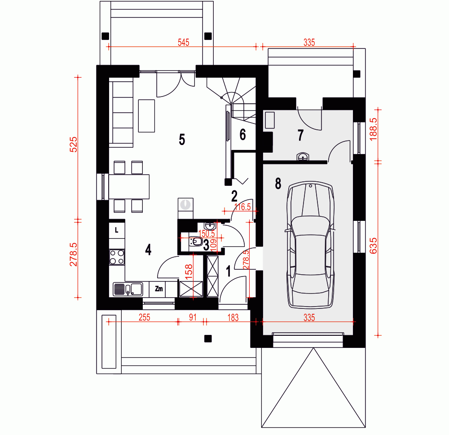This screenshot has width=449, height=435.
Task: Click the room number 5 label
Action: tap(182, 140)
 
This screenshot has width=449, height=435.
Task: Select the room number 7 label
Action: tap(300, 135)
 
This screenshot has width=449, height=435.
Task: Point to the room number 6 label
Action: tap(242, 135)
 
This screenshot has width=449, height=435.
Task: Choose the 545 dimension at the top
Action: tap(184, 42)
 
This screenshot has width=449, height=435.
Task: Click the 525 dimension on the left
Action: tap(74, 145)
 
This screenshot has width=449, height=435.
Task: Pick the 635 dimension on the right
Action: tap(373, 246)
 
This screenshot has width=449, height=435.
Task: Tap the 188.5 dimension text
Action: tap(373, 129)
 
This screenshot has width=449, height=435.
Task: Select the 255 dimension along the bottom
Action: tap(144, 317)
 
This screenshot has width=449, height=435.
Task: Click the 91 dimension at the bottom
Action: tap(193, 317)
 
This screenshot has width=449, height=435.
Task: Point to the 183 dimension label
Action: tap(233, 317)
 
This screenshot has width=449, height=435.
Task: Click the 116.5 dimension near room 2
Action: tap(242, 207)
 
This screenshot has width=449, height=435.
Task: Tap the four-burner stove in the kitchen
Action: tap(117, 257)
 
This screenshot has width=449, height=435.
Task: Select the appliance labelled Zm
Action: tap(158, 289)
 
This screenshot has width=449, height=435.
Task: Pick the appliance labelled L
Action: tap(117, 230)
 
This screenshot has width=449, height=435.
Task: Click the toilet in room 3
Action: tap(196, 242)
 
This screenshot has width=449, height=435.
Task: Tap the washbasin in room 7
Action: tap(303, 157)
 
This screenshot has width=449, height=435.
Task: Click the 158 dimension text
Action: tap(189, 272)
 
